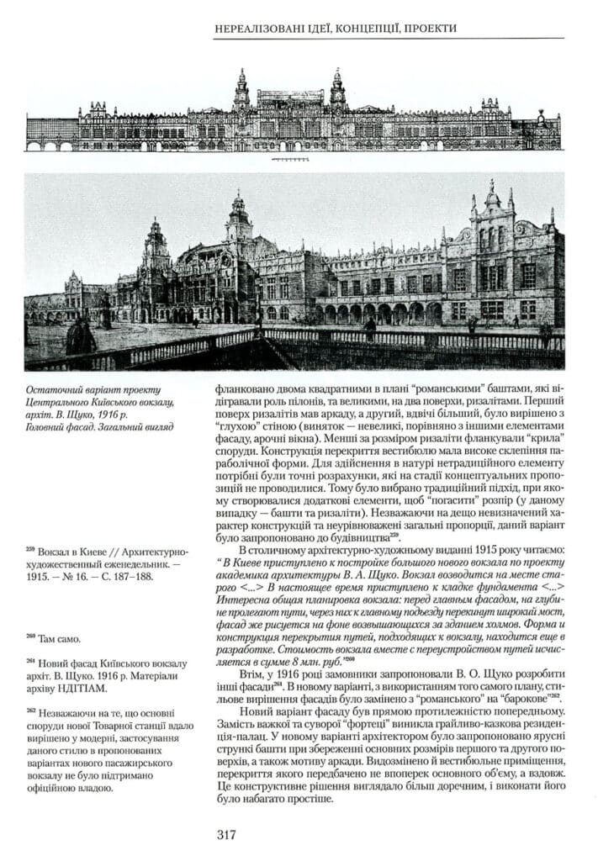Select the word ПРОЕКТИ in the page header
point(430,29)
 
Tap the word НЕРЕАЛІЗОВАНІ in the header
point(262,29)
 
